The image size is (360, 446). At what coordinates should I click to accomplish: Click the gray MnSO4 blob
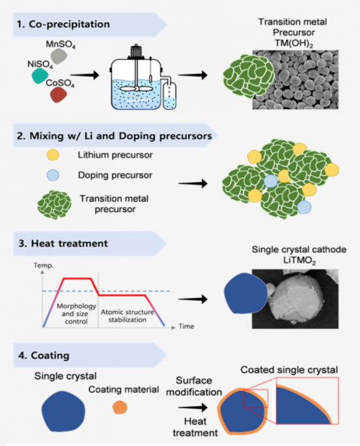coord(59,56)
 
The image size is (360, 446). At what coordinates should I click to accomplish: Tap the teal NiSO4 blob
coord(40,76)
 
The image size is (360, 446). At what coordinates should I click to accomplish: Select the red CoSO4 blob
coord(59,95)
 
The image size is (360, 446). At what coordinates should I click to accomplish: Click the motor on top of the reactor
coord(135,52)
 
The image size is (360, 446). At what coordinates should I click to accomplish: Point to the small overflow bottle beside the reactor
coord(170,96)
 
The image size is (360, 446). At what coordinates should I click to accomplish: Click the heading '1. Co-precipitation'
coord(63,24)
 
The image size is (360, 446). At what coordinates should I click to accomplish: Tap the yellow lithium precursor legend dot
coord(53,155)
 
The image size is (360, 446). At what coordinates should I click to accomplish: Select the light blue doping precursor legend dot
coord(53,175)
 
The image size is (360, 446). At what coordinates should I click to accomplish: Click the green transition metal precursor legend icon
coord(54,205)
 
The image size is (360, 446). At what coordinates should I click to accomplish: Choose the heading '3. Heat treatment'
coord(63,243)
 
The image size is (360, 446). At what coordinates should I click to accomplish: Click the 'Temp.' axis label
coord(43,266)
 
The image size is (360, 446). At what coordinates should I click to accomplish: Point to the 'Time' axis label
coord(187,326)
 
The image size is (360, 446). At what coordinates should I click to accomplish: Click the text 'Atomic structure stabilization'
coord(128,316)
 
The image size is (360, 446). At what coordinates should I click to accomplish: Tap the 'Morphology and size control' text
coord(76,314)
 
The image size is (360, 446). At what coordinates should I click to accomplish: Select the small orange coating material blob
coord(120,407)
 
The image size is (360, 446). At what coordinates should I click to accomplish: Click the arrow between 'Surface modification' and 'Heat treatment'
coord(193,407)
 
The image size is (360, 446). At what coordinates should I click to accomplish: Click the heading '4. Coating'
coord(44,356)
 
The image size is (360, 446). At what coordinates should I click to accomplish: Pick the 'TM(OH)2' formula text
coord(293,43)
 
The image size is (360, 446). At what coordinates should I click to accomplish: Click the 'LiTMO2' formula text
coord(299,260)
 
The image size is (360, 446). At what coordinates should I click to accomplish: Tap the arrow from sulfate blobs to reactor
coord(85,75)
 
